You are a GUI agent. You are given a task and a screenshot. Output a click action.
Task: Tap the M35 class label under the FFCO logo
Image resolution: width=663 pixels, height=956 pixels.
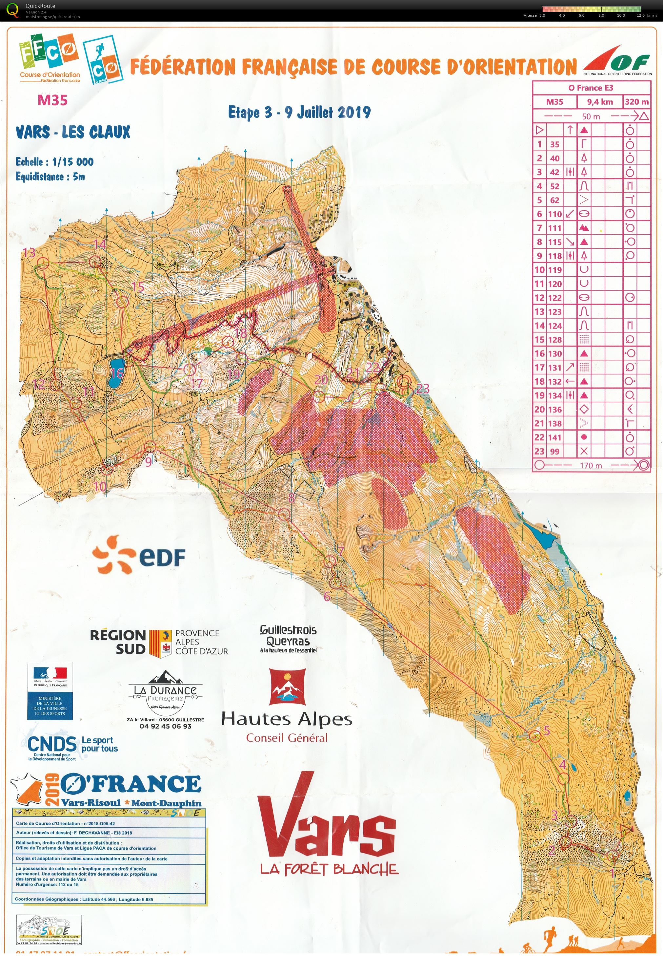pos(52,100)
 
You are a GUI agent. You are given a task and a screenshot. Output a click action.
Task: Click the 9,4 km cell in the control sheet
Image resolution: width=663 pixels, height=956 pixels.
pos(599,102)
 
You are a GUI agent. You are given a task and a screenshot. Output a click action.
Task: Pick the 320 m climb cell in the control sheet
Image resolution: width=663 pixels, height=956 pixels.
pos(636,102)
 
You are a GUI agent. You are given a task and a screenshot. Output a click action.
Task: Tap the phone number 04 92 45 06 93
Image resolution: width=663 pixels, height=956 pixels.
pos(165,726)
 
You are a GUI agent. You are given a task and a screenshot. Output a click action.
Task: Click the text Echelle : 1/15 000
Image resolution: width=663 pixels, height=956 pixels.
pos(54,162)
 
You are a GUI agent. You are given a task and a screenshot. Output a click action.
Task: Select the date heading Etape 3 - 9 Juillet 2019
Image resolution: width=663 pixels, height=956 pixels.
pos(299,112)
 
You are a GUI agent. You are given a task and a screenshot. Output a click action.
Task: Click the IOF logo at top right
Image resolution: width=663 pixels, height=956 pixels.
pos(617,64)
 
